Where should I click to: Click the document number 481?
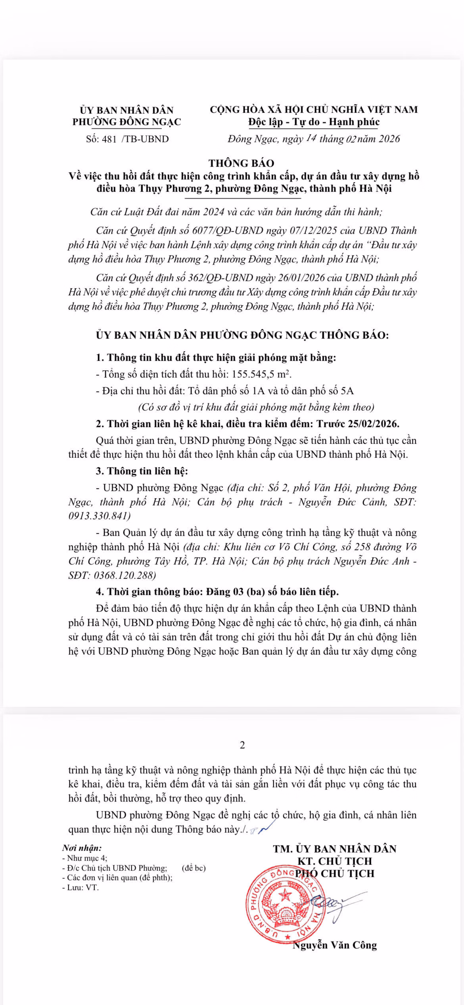pos(109,139)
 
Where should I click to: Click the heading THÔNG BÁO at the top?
pos(242,163)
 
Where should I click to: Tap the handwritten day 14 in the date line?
pos(311,138)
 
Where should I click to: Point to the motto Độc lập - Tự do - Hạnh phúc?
pos(314,122)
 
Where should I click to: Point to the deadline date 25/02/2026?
pos(373,424)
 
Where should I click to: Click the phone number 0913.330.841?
pos(99,516)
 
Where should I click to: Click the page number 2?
pos(243,745)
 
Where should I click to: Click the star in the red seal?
pos(284,895)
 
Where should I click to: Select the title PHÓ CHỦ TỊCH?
pos(335,874)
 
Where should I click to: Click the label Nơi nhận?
pos(82,848)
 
